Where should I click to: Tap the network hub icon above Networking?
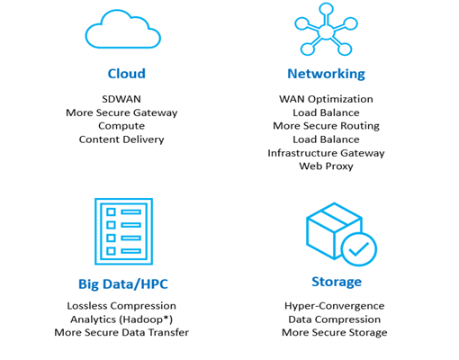[x=326, y=30]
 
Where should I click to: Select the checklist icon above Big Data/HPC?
[x=123, y=231]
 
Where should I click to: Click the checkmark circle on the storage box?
[x=359, y=249]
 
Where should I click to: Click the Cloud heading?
[x=127, y=74]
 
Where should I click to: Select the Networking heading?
[x=326, y=74]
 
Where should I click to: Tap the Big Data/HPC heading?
[x=123, y=284]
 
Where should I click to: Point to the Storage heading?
[x=337, y=282]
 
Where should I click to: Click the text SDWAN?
[x=121, y=99]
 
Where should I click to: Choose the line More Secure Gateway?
[x=121, y=112]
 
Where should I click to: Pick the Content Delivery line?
[x=121, y=139]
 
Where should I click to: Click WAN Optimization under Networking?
[x=326, y=99]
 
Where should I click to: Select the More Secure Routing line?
[x=326, y=126]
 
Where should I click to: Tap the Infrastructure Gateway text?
[x=326, y=153]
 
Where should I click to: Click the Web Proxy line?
[x=326, y=166]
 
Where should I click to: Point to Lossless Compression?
[x=121, y=306]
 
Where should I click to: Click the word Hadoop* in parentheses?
[x=146, y=319]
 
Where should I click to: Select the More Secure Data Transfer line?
[x=121, y=332]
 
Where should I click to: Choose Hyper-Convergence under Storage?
[x=335, y=306]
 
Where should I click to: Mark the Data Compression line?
[x=335, y=319]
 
